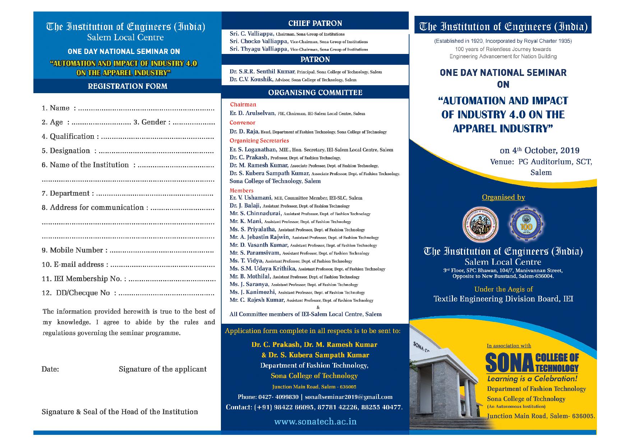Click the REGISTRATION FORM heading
pyautogui.click(x=128, y=86)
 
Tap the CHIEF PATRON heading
pyautogui.click(x=315, y=23)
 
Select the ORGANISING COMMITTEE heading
pyautogui.click(x=315, y=93)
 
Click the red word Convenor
pyautogui.click(x=242, y=123)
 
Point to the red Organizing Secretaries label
pyautogui.click(x=259, y=141)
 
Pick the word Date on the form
pyautogui.click(x=50, y=369)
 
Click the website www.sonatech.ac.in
pyautogui.click(x=315, y=421)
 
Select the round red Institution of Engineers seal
pyautogui.click(x=481, y=225)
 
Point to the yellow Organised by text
pyautogui.click(x=503, y=197)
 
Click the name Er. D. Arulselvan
pyautogui.click(x=252, y=113)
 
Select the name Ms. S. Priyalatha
pyautogui.click(x=253, y=229)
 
